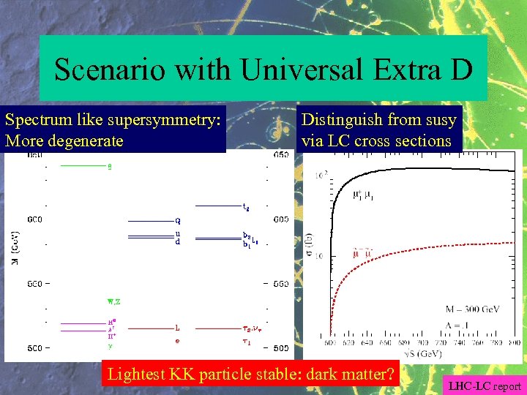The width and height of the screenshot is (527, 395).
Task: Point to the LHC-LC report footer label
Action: tap(485, 385)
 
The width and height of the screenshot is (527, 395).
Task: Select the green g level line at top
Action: tap(83, 166)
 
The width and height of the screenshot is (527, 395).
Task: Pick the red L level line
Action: tap(150, 328)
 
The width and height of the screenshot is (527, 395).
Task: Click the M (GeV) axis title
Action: tap(16, 248)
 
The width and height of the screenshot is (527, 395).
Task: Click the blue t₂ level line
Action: tap(217, 206)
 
